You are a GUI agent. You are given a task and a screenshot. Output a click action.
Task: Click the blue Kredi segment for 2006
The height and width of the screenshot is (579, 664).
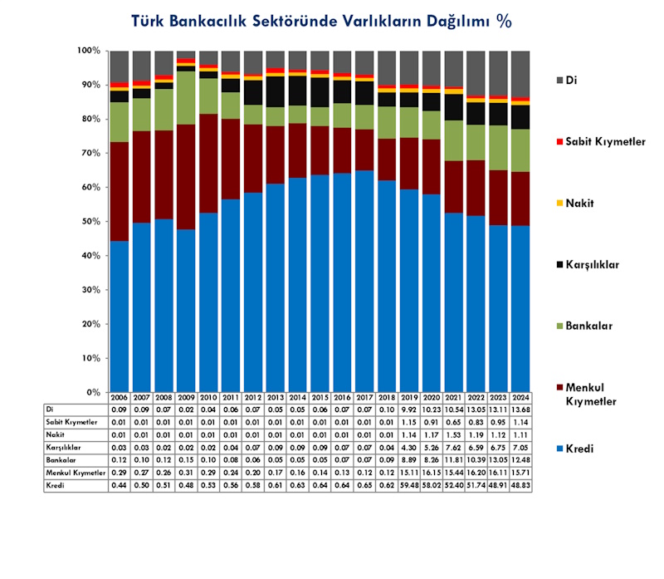pos(120,316)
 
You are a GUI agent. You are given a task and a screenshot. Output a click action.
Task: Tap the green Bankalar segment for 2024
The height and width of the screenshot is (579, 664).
pos(520,150)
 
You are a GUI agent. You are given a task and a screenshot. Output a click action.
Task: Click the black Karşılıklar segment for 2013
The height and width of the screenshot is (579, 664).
pos(276,91)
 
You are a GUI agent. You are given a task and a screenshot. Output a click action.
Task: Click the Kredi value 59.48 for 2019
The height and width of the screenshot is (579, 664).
pos(409,485)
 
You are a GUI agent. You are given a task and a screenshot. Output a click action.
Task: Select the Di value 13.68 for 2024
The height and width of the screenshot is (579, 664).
pos(520,410)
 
